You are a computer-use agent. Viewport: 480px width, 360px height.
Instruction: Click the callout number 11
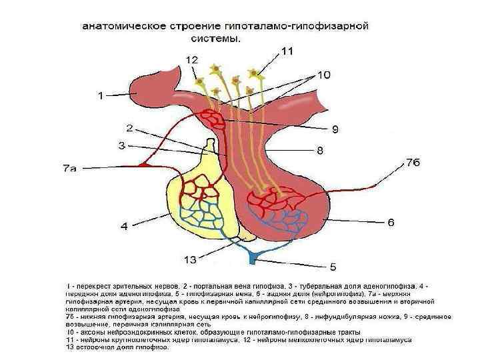pos(287,51)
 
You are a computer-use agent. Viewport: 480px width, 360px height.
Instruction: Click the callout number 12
pos(192,60)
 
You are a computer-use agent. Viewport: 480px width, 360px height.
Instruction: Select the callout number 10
pos(322,76)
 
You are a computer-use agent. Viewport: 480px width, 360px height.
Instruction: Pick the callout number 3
pos(122,145)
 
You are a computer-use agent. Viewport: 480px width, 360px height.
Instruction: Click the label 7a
pos(65,169)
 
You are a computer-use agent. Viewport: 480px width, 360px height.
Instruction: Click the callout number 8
pos(320,150)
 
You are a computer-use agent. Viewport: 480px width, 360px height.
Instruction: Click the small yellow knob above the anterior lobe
pos(211,146)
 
